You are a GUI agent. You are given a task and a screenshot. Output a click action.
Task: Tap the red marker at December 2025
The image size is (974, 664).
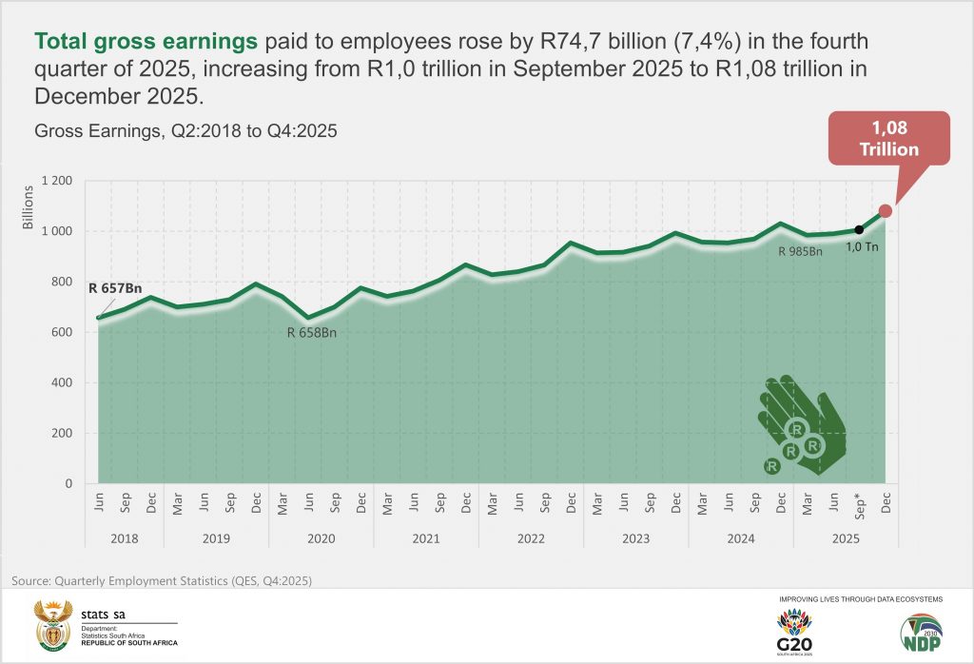pos(886,211)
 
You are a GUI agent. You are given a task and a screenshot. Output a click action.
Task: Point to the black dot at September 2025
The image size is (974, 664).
pos(859,229)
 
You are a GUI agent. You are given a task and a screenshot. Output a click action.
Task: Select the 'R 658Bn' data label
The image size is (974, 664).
pos(312,332)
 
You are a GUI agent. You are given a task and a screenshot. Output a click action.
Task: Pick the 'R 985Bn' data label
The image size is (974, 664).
pos(800,252)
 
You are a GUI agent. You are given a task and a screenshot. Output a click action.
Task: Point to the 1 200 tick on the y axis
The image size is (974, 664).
pos(56,181)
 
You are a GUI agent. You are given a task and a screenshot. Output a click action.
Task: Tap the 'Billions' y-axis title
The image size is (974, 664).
pos(28,207)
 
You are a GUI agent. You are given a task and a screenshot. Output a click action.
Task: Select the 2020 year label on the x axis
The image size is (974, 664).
pos(321,538)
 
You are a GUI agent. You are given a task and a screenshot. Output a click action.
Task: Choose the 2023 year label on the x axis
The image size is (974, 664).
pos(635,538)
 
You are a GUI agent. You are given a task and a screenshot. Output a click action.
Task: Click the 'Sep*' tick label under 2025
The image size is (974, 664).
pos(860,505)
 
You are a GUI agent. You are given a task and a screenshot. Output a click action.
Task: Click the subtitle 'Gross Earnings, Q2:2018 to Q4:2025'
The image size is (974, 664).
pos(185,131)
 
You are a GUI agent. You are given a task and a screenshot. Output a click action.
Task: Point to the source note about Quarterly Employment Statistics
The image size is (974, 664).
pos(162,580)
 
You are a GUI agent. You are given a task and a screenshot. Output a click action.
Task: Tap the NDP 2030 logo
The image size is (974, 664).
pos(922,632)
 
